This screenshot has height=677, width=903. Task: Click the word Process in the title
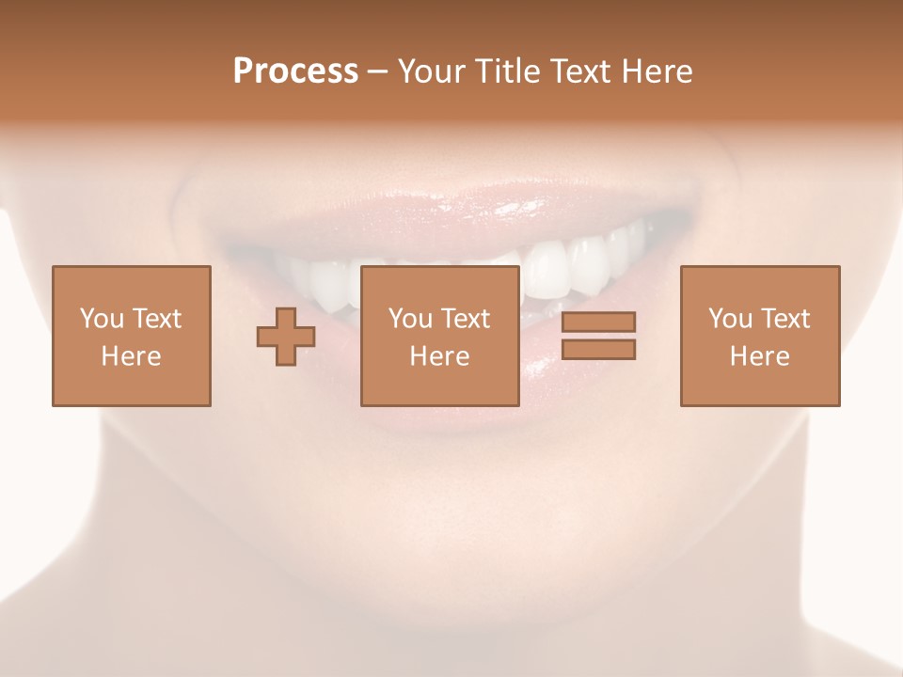coord(295,71)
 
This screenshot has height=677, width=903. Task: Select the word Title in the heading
coord(504,71)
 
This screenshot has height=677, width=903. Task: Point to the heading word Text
coord(580,71)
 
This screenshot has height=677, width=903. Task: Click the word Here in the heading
coord(657,71)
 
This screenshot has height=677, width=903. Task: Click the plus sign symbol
coord(286,336)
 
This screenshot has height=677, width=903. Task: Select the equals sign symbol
coord(598,336)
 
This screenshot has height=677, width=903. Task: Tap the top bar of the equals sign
coord(598,322)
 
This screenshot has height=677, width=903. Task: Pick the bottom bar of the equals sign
coord(598,350)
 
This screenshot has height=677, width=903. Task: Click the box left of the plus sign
coord(131,336)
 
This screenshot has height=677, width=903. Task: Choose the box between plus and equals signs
coord(439,336)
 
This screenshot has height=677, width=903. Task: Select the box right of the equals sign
coord(759,336)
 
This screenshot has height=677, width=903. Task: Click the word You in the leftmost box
coord(101,319)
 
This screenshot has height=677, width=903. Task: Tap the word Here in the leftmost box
coord(131,356)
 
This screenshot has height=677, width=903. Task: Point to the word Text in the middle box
coord(466,319)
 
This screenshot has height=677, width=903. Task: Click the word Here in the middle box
coord(439,356)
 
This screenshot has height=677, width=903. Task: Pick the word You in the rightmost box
coord(729,319)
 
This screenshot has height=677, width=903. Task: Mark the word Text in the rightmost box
coord(785,319)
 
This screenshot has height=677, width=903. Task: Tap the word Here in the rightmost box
coord(759,356)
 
